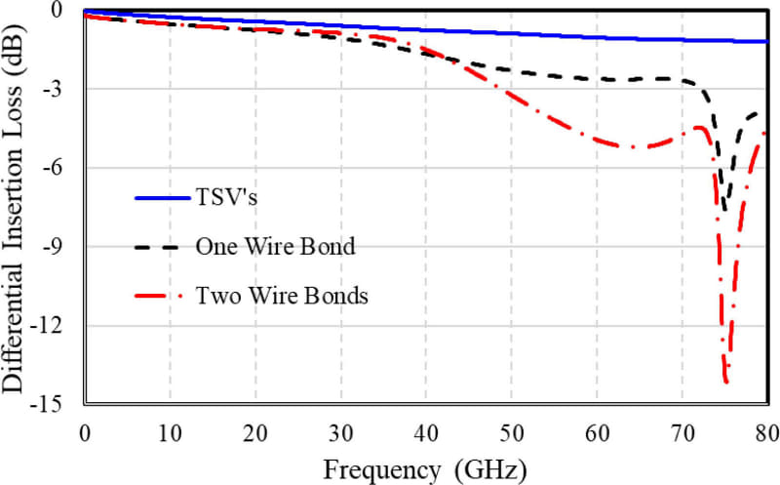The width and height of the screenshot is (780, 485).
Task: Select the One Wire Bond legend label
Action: [x=275, y=246]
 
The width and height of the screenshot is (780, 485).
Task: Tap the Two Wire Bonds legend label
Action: [x=282, y=295]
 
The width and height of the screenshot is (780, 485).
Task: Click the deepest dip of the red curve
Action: [x=726, y=383]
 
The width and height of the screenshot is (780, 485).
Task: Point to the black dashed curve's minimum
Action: [x=724, y=207]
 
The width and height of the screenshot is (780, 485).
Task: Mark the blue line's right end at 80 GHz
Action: [x=766, y=42]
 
